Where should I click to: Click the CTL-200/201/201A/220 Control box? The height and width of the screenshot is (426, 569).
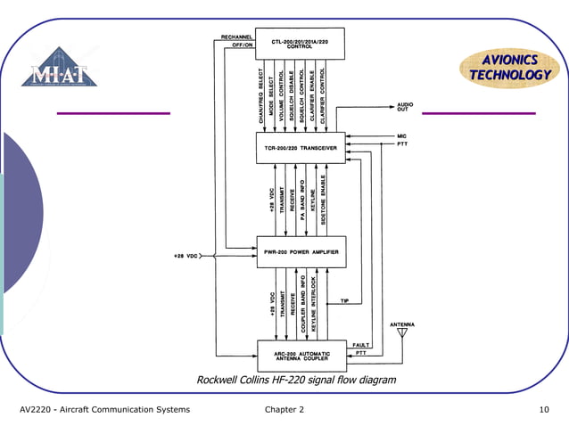tap(300, 44)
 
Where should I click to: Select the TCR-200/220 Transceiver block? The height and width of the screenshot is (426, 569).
tap(300, 148)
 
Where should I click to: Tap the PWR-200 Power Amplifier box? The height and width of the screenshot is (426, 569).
tap(300, 252)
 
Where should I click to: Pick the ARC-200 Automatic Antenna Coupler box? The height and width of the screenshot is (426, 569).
tap(301, 356)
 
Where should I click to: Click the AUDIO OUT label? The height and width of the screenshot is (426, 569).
tap(405, 107)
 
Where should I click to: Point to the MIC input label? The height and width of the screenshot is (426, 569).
tap(402, 135)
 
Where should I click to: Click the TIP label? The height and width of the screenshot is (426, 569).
tap(344, 301)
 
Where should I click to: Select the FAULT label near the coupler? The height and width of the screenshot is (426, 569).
tap(361, 345)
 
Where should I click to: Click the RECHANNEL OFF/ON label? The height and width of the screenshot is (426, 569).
tap(237, 40)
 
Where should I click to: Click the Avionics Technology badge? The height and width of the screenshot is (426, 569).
tap(510, 68)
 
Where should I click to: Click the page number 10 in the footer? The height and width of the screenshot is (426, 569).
tap(544, 410)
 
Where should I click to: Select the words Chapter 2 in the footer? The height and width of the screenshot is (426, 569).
tap(284, 410)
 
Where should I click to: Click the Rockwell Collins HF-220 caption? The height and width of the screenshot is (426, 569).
tap(295, 381)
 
